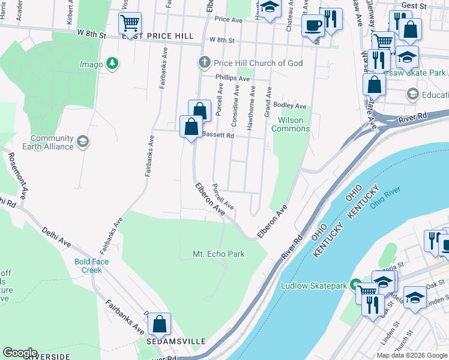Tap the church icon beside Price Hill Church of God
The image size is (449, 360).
coord(204,62)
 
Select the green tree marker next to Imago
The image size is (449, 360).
coord(111,63)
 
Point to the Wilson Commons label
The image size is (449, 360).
coord(291,124)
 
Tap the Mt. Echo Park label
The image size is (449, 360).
coord(218,254)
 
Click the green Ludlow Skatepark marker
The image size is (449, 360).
coord(355,284)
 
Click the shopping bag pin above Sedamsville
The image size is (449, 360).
coord(159,324)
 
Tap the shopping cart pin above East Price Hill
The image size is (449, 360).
coord(129,23)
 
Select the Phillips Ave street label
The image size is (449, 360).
coord(233,79)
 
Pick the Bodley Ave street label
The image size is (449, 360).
coord(286,105)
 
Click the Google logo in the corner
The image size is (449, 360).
coord(19,353)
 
